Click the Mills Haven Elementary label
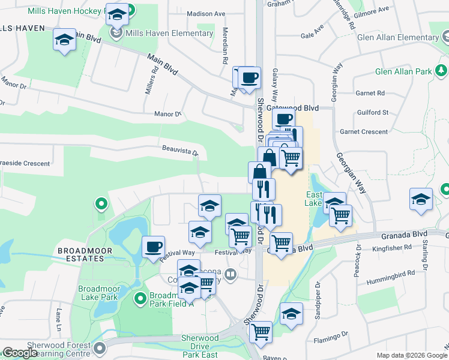[169, 33]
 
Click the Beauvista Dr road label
[180, 149]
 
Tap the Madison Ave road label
[206, 14]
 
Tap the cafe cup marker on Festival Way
[153, 246]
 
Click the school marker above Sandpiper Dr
[291, 314]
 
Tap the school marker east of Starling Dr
[421, 199]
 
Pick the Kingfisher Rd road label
[392, 247]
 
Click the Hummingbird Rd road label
[393, 272]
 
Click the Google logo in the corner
[20, 353]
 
